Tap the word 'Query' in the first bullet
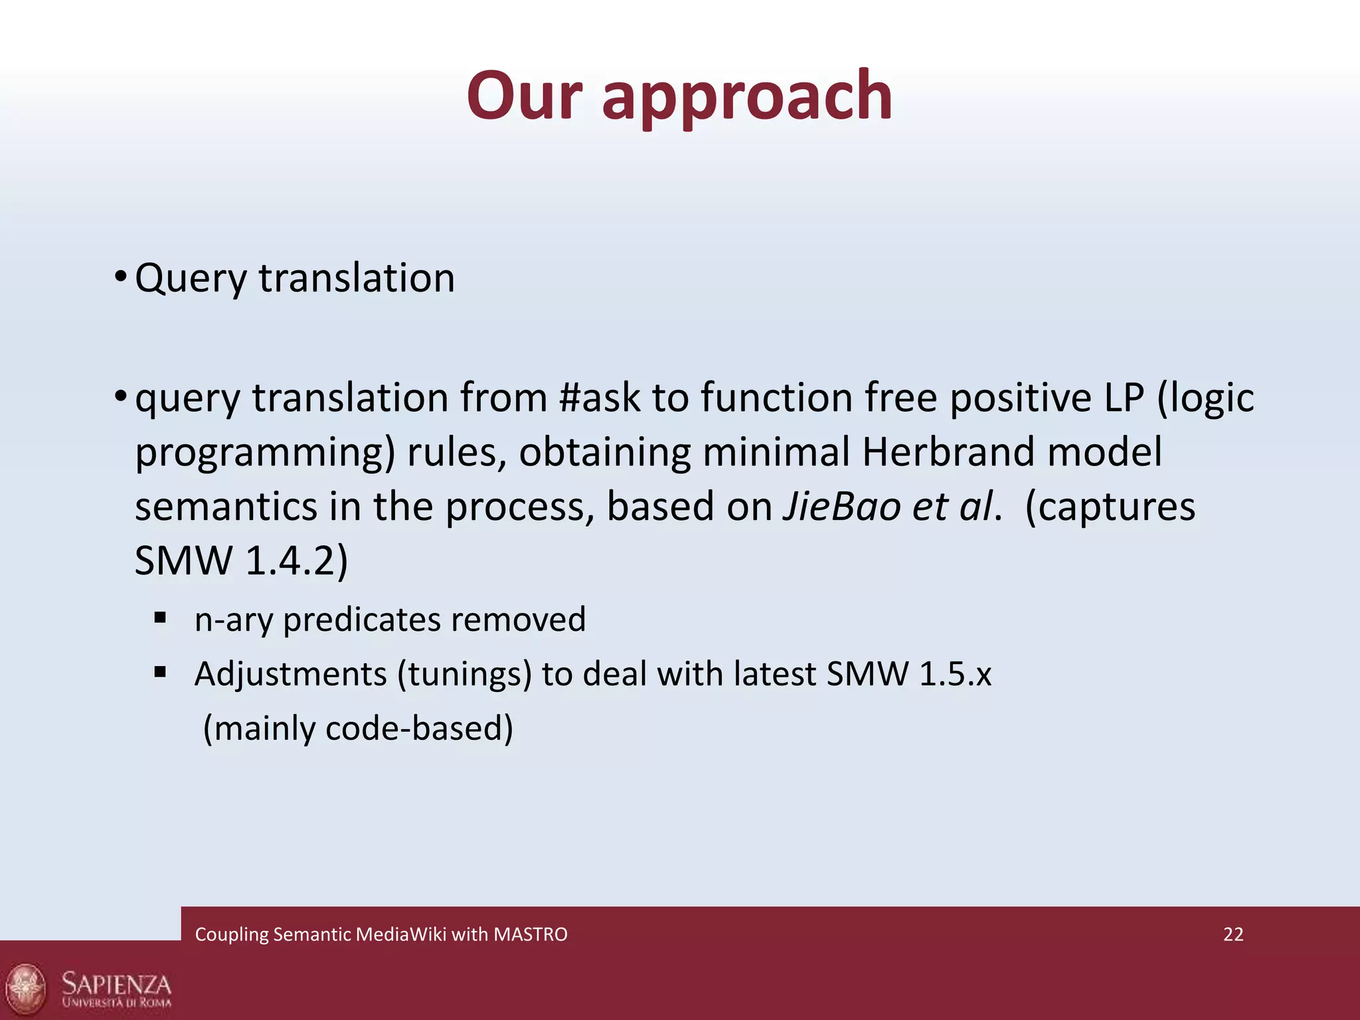click(x=191, y=279)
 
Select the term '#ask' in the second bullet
click(x=600, y=398)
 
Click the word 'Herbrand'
click(x=948, y=453)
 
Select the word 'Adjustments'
click(x=290, y=675)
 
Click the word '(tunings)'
click(x=465, y=675)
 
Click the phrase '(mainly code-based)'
click(x=358, y=729)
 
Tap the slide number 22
click(x=1233, y=934)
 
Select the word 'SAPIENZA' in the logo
click(x=116, y=983)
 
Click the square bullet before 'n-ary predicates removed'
click(x=159, y=618)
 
